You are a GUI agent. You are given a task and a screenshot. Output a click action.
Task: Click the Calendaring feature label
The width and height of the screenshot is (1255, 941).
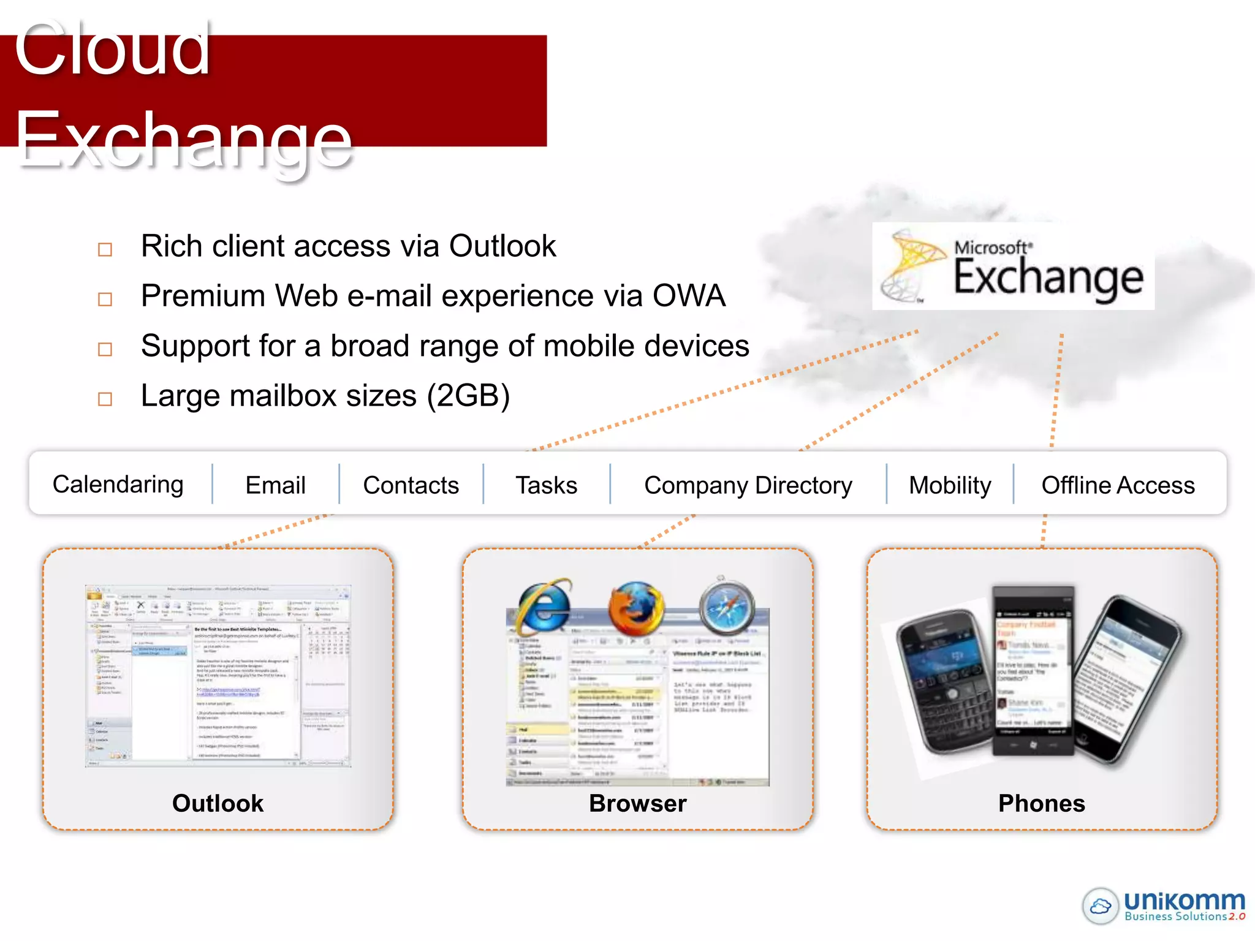coord(118,485)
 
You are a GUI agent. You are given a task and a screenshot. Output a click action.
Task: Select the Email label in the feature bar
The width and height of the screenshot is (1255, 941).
coord(275,485)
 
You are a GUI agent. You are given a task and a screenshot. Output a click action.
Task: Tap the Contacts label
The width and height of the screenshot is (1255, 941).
coord(411,485)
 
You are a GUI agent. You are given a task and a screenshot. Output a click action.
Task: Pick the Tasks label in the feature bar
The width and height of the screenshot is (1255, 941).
coord(546,485)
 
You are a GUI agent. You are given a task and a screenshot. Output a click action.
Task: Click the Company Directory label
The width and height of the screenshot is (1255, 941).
coord(748,485)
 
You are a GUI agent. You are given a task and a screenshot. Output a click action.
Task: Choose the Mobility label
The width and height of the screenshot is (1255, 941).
coord(949,485)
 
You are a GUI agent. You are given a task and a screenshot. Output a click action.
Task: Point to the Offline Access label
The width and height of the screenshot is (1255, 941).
coord(1118,485)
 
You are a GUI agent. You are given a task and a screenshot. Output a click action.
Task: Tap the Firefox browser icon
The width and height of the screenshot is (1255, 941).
coord(635,608)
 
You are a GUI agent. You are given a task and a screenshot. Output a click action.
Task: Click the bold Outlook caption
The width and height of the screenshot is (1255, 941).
coord(218,803)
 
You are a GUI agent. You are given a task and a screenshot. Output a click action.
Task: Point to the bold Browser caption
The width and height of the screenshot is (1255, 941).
coord(637,803)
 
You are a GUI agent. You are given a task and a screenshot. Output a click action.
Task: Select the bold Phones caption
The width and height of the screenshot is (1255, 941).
coord(1041,803)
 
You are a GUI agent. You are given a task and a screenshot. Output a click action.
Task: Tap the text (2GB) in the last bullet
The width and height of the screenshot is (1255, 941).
coord(468,396)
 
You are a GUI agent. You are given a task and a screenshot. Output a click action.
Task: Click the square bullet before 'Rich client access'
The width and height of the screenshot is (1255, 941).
coord(105,249)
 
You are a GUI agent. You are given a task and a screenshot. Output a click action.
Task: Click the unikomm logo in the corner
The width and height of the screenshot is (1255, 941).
coord(1164,905)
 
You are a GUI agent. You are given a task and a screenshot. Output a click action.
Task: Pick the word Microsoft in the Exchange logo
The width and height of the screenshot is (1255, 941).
coord(992,248)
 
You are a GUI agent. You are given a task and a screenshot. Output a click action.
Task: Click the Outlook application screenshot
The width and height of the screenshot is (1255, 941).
coord(218,676)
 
